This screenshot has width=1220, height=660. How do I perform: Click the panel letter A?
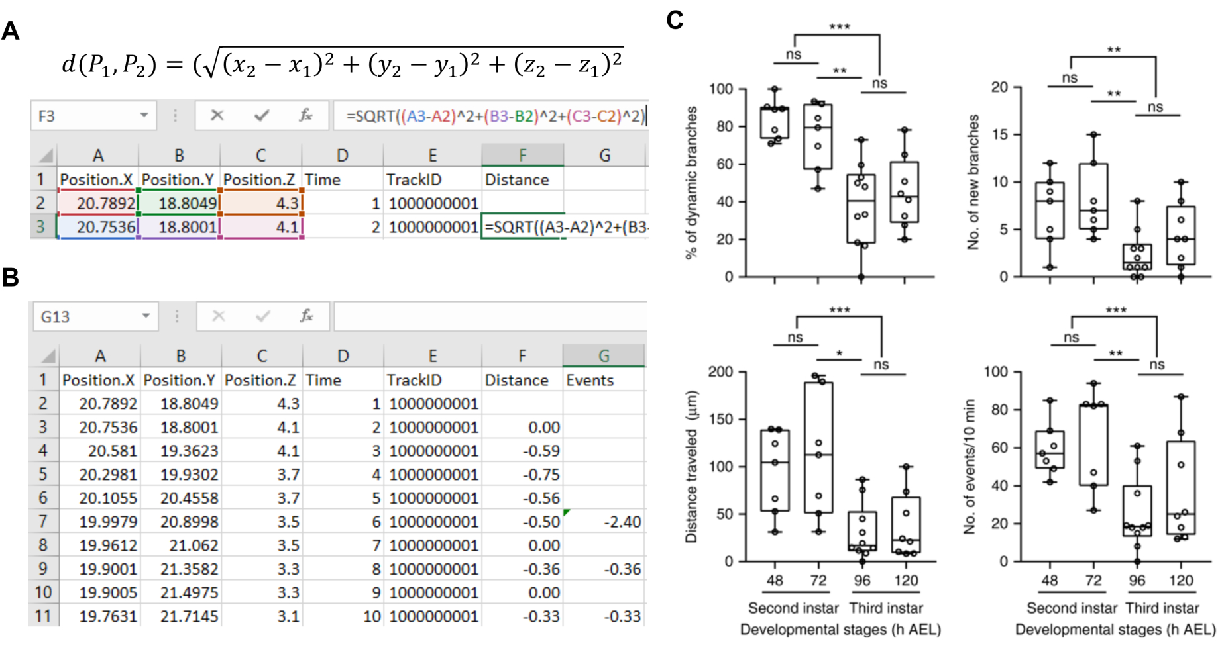pyautogui.click(x=11, y=31)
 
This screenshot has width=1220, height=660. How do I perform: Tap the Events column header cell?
pyautogui.click(x=590, y=380)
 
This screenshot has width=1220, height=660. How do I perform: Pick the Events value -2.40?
pyautogui.click(x=622, y=522)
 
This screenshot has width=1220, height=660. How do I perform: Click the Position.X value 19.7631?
pyautogui.click(x=108, y=616)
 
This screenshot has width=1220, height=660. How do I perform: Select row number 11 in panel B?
pyautogui.click(x=43, y=616)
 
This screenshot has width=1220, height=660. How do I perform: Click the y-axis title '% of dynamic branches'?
pyautogui.click(x=691, y=182)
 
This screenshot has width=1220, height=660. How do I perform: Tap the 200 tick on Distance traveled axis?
pyautogui.click(x=720, y=371)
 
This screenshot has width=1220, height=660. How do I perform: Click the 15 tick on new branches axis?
pyautogui.click(x=999, y=134)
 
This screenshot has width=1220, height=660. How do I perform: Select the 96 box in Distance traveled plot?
pyautogui.click(x=862, y=530)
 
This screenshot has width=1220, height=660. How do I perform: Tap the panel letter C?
pyautogui.click(x=675, y=20)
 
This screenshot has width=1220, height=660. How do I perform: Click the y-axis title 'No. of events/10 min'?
pyautogui.click(x=970, y=466)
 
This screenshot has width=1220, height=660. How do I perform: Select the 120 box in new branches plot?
pyautogui.click(x=1181, y=236)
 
